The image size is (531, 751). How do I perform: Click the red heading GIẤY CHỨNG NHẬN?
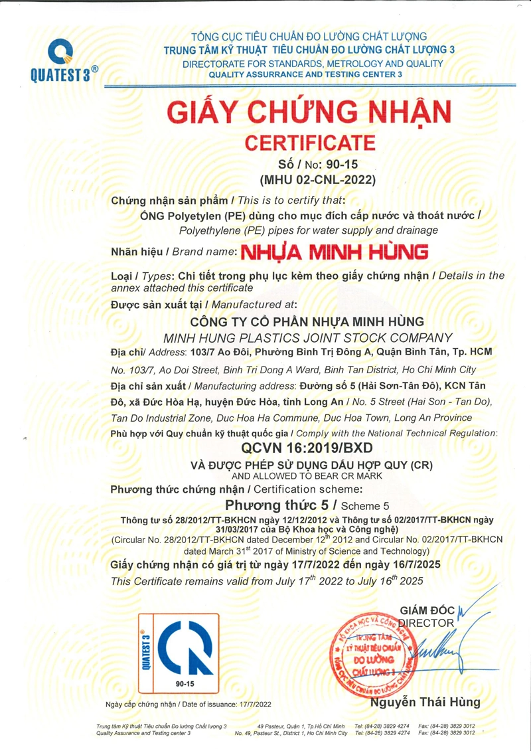click(x=309, y=112)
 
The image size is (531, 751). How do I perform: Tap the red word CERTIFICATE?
click(x=310, y=142)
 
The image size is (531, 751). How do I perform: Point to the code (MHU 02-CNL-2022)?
click(x=309, y=179)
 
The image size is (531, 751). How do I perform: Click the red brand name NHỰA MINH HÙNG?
click(x=334, y=252)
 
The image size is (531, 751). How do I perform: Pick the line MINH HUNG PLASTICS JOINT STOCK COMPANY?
click(x=309, y=337)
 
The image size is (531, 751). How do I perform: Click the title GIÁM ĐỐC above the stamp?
click(x=423, y=610)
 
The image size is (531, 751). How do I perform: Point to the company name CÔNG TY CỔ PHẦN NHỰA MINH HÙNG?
click(x=309, y=323)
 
